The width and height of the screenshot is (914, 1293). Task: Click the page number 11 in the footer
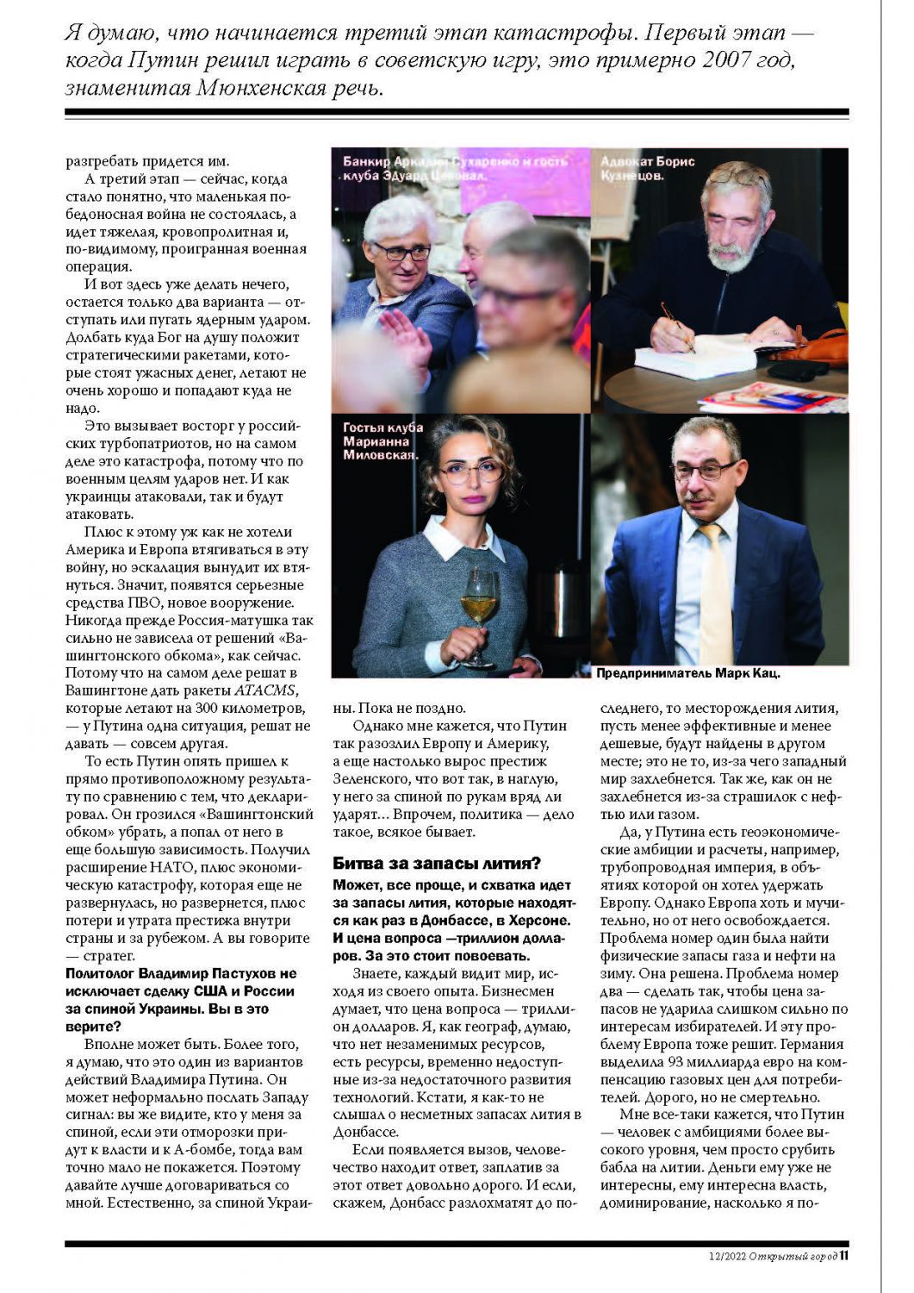[844, 1256]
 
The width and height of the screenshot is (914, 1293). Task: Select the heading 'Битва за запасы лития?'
[437, 864]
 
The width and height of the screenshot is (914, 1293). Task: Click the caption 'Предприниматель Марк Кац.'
[688, 673]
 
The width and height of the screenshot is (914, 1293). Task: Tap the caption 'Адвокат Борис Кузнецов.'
[648, 168]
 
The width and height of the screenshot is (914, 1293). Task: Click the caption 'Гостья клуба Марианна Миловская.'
[382, 441]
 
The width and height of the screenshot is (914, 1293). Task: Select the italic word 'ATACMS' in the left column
[266, 691]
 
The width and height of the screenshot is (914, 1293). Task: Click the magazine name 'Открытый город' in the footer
[793, 1257]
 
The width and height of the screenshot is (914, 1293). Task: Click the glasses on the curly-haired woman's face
[471, 471]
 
